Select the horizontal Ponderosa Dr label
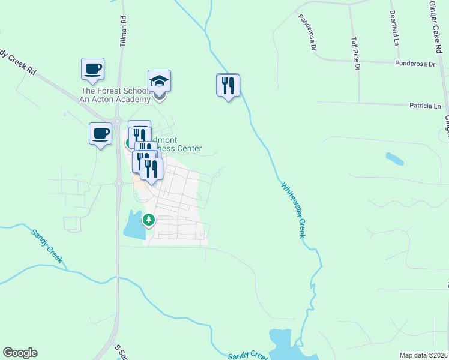pos(414,63)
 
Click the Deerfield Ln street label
pos(394,28)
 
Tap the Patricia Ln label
pos(424,106)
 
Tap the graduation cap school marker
pos(160,81)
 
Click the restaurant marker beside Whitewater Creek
pos(228,85)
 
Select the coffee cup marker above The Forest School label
pos(92,69)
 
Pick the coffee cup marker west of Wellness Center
pos(100,133)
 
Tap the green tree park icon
pos(148,221)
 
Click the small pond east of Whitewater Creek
pos(394,159)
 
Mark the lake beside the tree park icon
pos(133,225)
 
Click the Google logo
pos(20,353)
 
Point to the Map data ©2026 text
pos(423,355)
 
